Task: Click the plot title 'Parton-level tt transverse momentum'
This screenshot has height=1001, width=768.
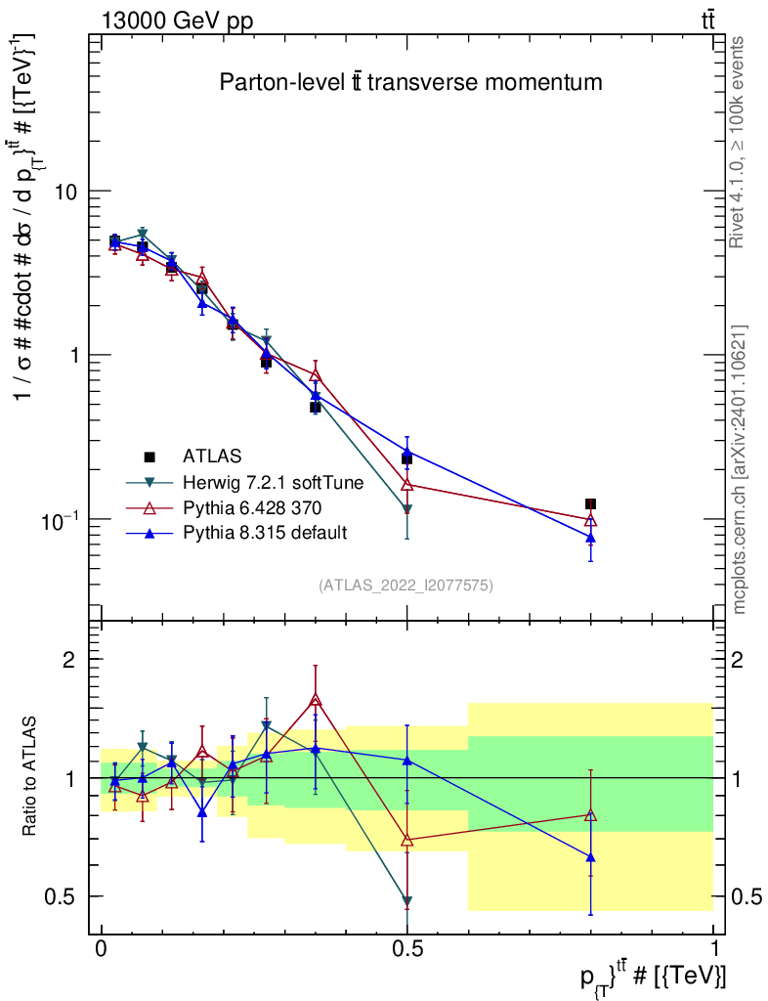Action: pos(410,82)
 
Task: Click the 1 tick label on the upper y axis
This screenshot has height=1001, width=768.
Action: pos(75,355)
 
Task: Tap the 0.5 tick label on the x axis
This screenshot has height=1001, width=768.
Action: pos(407,948)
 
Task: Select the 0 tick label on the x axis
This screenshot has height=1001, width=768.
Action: pos(101,948)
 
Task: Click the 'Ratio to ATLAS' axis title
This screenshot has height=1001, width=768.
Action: pos(29,776)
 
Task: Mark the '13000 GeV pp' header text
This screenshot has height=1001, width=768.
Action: pos(177,22)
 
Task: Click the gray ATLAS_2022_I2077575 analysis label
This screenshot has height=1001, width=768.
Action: pos(405,586)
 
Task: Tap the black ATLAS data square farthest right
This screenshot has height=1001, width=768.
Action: pos(591,504)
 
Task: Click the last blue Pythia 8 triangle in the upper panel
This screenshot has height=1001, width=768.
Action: pos(591,538)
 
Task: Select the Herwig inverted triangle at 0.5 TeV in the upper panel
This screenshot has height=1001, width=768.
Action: pos(407,508)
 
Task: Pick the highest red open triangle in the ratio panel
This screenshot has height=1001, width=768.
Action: pos(315,700)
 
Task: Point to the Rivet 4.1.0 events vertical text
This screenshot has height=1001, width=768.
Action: pos(737,143)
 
